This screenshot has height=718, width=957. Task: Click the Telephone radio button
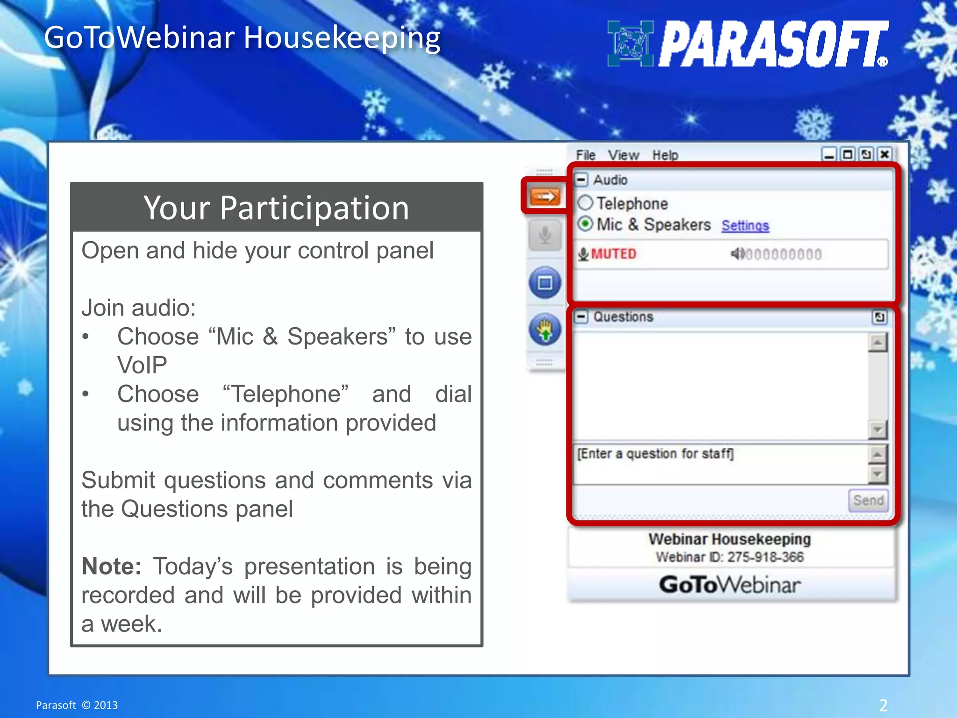pos(585,203)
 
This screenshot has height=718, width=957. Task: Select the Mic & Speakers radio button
pos(585,224)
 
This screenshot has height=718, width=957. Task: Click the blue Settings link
pos(745,226)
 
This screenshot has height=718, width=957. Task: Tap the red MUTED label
pos(613,254)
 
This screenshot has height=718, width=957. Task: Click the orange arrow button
pos(545,196)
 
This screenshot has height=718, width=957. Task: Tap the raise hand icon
pos(545,330)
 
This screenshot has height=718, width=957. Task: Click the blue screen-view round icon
pos(545,283)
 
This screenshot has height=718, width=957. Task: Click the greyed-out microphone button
pos(545,235)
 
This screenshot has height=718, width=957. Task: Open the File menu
pos(585,155)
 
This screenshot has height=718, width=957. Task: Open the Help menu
pos(665,155)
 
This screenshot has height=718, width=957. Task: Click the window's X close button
pos(884,154)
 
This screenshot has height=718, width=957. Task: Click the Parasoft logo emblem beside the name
pos(630,43)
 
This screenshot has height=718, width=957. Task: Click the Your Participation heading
pos(276,208)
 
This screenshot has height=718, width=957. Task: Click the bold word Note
pos(111,567)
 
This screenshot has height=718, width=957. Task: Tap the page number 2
pos(883,705)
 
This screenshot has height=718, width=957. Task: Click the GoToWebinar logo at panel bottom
pos(729,585)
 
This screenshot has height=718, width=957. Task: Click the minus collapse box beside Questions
pos(581,317)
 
